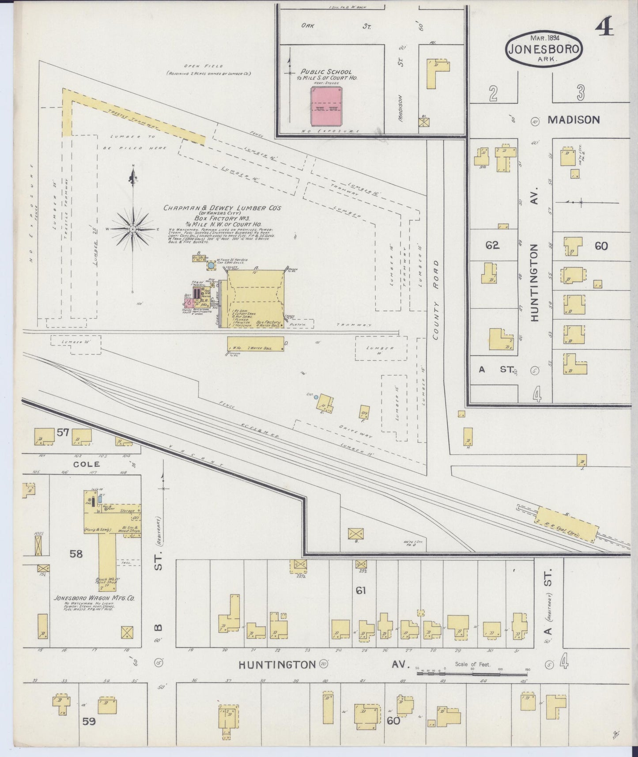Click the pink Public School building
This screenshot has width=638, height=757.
(326, 106)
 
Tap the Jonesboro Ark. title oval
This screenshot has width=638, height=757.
(544, 49)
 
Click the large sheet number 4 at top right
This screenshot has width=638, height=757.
(605, 27)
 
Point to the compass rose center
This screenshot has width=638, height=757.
(132, 229)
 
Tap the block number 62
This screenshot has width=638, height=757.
(492, 245)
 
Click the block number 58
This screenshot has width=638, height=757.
(76, 553)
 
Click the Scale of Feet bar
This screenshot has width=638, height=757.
(472, 673)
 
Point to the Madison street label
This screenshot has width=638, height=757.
(574, 120)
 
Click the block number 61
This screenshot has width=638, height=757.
(361, 590)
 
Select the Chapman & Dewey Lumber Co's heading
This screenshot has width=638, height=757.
(222, 208)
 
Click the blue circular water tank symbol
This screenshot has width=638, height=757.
(211, 265)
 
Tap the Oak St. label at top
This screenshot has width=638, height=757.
(336, 26)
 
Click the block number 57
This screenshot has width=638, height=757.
(63, 432)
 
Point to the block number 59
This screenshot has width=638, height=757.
(89, 722)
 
